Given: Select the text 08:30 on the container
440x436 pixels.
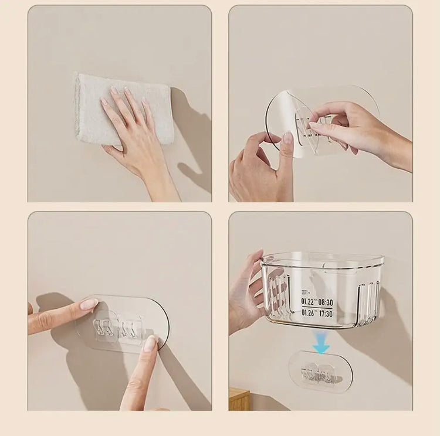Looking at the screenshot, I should [x=326, y=302].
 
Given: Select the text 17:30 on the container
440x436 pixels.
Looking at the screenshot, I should [x=326, y=314].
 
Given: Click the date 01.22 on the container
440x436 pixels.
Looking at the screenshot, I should [x=308, y=302].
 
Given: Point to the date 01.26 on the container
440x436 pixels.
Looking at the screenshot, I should [x=308, y=314].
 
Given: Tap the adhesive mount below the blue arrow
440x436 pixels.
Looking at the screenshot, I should [x=320, y=372].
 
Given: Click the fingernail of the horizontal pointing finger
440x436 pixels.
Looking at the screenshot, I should [x=89, y=304].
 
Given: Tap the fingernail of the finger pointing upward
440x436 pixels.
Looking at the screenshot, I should [x=151, y=343].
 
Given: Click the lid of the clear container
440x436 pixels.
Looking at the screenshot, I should [x=323, y=259].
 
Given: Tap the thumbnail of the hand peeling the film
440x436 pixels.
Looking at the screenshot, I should [x=287, y=138].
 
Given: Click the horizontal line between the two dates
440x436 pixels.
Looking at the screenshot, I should [x=317, y=308].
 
